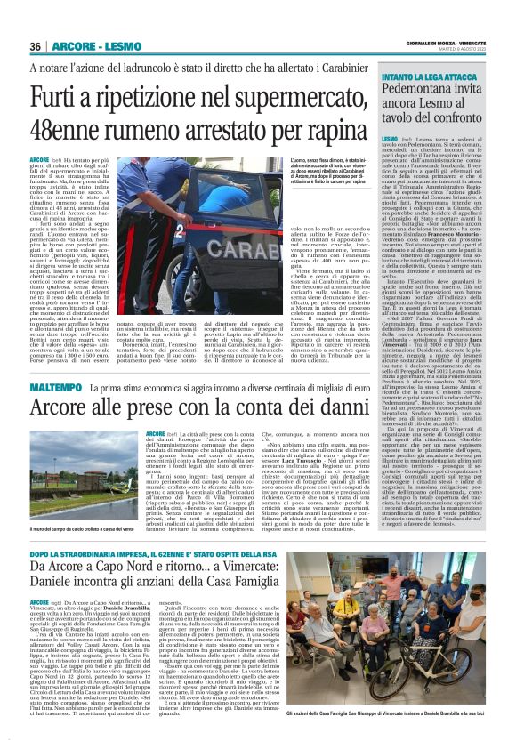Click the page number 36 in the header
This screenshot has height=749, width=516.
tap(36, 46)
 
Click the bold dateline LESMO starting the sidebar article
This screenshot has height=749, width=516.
tap(388, 140)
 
